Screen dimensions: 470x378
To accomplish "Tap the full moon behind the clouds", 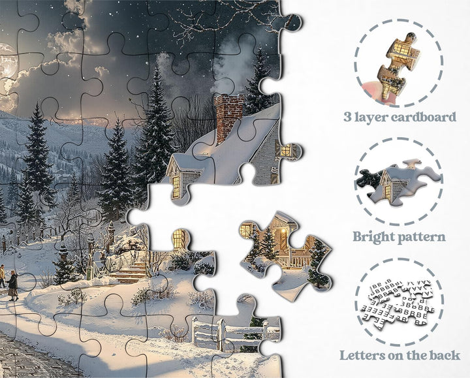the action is [6, 61].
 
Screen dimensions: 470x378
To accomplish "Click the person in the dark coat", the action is [13, 285].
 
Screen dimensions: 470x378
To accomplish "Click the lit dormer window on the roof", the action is [176, 187].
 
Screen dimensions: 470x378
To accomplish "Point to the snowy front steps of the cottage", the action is [129, 274].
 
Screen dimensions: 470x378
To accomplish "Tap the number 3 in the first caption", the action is [347, 117].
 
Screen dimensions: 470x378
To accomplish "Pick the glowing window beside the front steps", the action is [179, 238].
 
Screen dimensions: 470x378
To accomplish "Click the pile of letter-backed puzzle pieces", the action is [397, 304].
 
